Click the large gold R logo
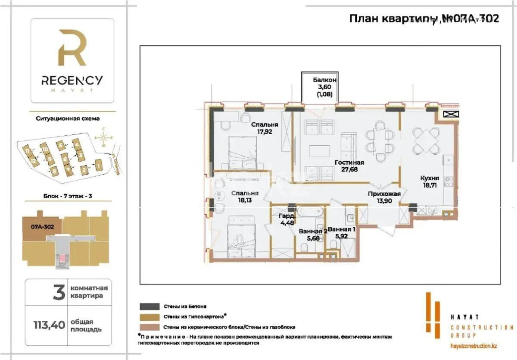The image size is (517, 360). click(x=72, y=48)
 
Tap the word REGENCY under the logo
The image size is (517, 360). click(x=72, y=80)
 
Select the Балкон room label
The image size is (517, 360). click(x=324, y=80)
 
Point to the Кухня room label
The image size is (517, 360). click(x=430, y=177)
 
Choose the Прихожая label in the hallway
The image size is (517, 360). click(x=384, y=194)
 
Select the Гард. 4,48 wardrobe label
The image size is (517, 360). click(x=284, y=219)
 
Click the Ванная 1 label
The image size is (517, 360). click(x=341, y=229)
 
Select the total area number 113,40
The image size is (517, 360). click(x=47, y=326)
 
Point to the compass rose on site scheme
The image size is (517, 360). click(x=103, y=138)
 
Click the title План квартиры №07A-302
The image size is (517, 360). click(x=424, y=19)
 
